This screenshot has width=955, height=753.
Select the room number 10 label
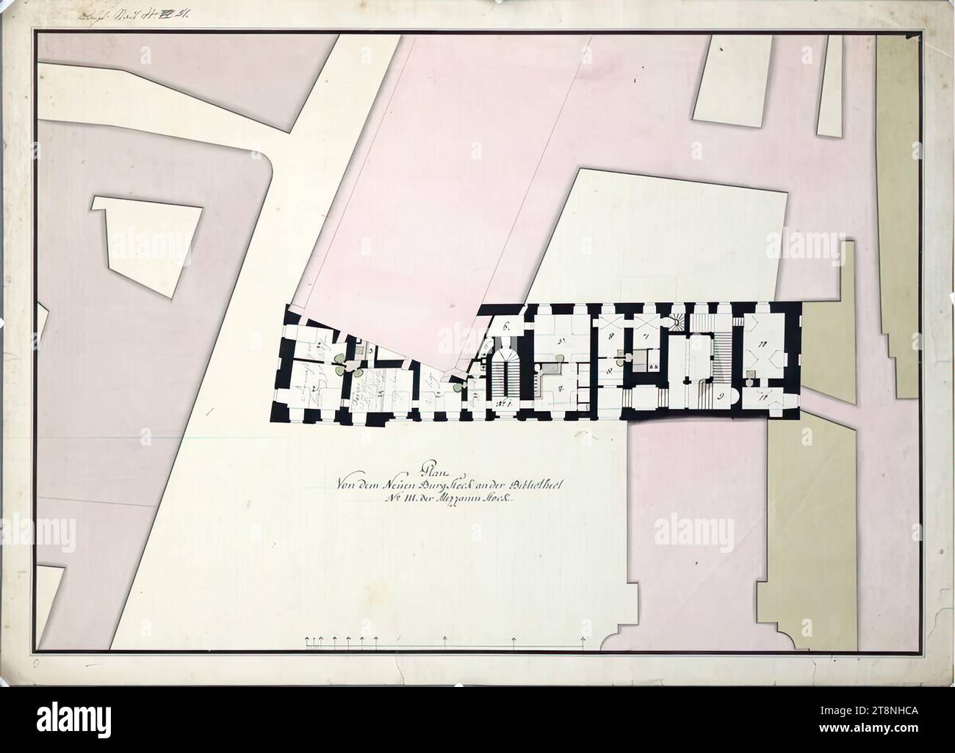pos(764,342)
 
